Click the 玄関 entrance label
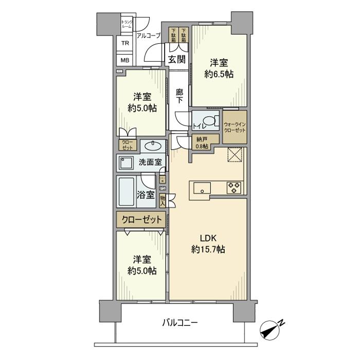(x=177, y=60)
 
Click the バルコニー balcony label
(x=180, y=323)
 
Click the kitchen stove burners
(x=234, y=188)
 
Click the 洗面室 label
(x=150, y=163)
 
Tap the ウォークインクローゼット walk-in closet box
(x=235, y=127)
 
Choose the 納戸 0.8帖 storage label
(x=202, y=142)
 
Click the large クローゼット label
(x=141, y=220)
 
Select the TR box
(x=125, y=43)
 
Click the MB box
(x=125, y=60)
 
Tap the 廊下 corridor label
(x=179, y=96)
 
